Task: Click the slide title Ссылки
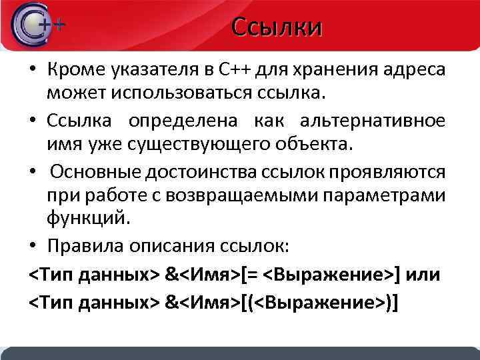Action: tap(277, 27)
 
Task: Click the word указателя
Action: tap(153, 69)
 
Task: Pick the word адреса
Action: tap(417, 69)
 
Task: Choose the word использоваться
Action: tap(193, 91)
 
